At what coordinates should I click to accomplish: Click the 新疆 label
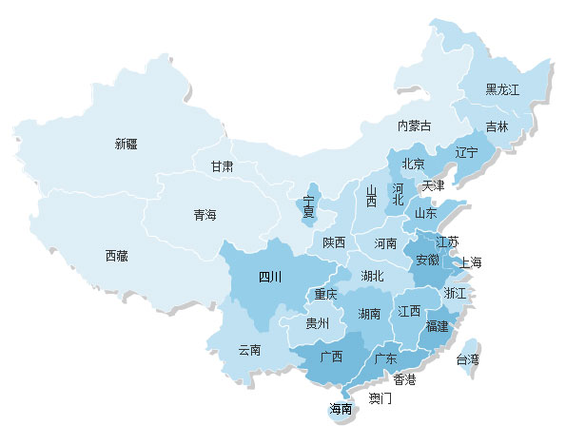click(x=126, y=145)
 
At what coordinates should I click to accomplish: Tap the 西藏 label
click(x=116, y=256)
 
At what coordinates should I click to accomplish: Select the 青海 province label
click(x=205, y=215)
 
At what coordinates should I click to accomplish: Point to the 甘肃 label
click(x=222, y=166)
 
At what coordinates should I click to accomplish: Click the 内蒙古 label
click(x=414, y=126)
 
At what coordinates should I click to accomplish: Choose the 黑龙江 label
click(x=502, y=90)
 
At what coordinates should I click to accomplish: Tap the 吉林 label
click(x=497, y=126)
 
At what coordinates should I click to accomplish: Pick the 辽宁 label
click(x=466, y=152)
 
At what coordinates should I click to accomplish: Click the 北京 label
click(x=413, y=164)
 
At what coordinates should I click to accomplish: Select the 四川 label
click(x=270, y=278)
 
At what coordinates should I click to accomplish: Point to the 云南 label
click(x=250, y=350)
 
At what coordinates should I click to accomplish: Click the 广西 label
click(x=331, y=358)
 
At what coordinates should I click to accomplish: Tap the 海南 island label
click(x=341, y=410)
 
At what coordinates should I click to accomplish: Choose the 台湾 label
click(x=467, y=360)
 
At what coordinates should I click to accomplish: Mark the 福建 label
click(x=438, y=326)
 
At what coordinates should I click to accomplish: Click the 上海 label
click(x=471, y=262)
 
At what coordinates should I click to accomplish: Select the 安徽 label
click(x=427, y=260)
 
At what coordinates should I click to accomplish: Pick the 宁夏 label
click(x=308, y=206)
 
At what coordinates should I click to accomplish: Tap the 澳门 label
click(x=380, y=398)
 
